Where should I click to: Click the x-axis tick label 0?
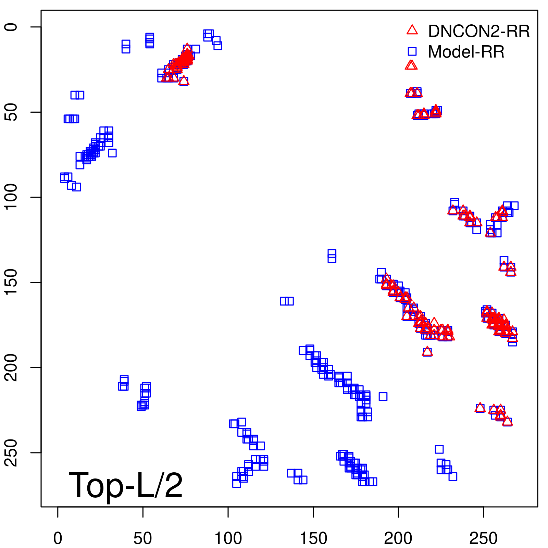pos(58,538)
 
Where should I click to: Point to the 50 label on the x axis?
pos(143,538)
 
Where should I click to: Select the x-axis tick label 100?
pos(228,538)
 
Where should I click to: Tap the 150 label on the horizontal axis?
pos(313,538)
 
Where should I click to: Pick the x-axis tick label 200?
pos(398,538)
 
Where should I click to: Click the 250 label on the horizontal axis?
pos(483,538)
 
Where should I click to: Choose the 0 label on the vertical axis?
pos(11,27)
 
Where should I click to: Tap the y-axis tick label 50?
pos(11,112)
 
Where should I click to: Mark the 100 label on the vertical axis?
pos(11,197)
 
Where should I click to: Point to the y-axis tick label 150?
pos(11,282)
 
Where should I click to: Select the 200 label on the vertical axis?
pos(11,368)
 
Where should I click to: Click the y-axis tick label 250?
pos(11,452)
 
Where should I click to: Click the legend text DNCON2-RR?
pos(479,31)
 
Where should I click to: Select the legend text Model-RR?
pos(466,52)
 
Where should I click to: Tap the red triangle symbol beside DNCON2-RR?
pos(412,30)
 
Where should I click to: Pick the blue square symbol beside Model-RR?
pos(412,51)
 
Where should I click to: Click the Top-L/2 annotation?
pos(126,485)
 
